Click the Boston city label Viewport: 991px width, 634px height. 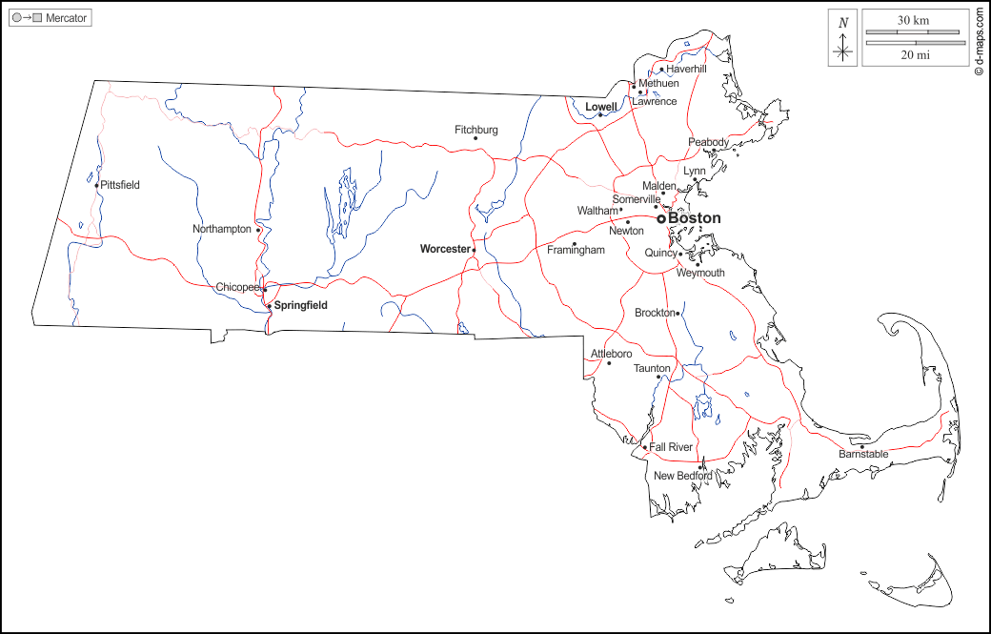(695, 218)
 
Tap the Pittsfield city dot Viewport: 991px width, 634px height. (96, 185)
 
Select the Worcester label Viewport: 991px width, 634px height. (445, 249)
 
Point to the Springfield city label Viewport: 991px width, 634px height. (301, 305)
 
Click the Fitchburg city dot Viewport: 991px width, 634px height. (475, 138)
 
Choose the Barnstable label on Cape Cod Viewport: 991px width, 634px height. (863, 455)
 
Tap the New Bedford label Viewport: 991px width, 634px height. (676, 476)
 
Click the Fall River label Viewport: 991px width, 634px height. (671, 447)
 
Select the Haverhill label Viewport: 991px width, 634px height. (686, 70)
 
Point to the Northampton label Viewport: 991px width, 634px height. (222, 229)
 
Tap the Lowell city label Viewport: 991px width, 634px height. (601, 107)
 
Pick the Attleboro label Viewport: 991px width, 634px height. (611, 354)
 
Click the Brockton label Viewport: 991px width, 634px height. (655, 313)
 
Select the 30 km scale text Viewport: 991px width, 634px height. (913, 20)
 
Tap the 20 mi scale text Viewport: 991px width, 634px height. (913, 55)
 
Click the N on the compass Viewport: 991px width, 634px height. (842, 23)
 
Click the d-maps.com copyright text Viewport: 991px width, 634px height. (979, 42)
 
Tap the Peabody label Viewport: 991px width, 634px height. (708, 142)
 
